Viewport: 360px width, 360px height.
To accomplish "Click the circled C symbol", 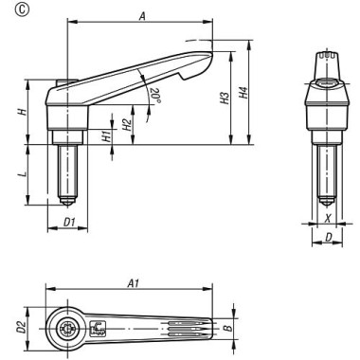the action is (x=22, y=10).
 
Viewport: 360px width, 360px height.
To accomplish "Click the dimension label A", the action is (x=143, y=17).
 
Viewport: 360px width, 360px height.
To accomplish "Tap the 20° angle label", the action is (x=155, y=95).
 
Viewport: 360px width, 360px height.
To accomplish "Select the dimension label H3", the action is (x=225, y=99).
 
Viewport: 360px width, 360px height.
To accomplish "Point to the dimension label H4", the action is (x=243, y=92).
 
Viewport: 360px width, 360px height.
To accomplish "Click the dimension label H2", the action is (x=127, y=125).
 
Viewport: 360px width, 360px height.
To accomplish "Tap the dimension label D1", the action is (x=69, y=223).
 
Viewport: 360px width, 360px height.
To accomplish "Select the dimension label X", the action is (x=328, y=217).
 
